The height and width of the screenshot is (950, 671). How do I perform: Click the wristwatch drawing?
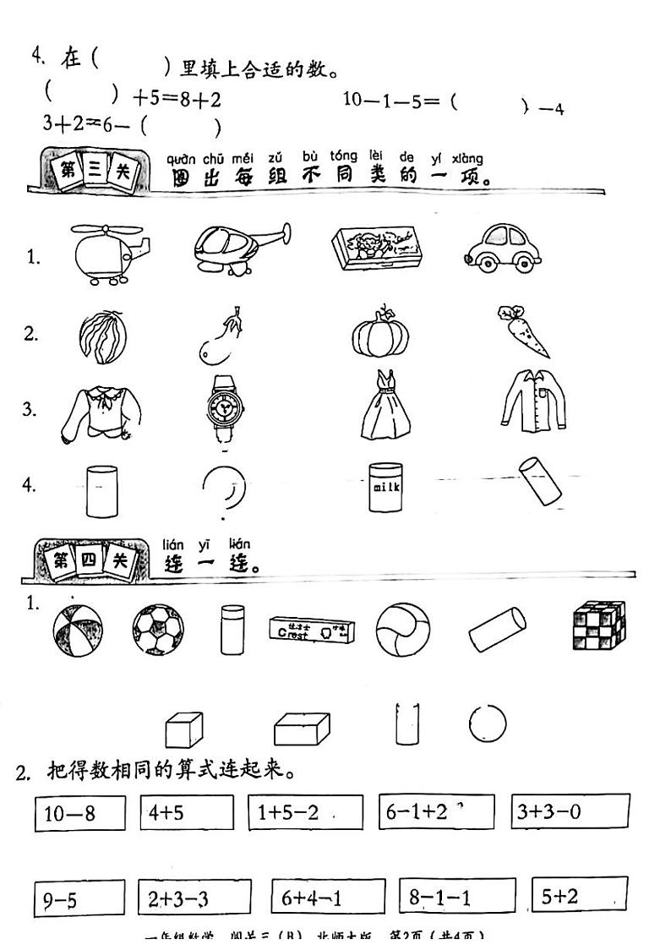coord(224,409)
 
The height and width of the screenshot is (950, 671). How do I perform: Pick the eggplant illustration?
coord(221,336)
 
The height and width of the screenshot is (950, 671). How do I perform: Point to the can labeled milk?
coord(384,486)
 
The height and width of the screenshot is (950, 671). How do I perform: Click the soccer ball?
coord(158,629)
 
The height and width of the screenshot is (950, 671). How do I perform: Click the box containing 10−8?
coord(79,813)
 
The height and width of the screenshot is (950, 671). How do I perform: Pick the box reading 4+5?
coord(187,812)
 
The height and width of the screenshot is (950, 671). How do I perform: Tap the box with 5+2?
coord(579,896)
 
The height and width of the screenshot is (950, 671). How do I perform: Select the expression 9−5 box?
coord(79,899)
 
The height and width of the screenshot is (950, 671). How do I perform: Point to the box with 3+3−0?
coord(570,812)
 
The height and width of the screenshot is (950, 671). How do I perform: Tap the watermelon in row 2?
coord(101,338)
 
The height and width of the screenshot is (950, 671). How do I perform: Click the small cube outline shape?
coord(184,728)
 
